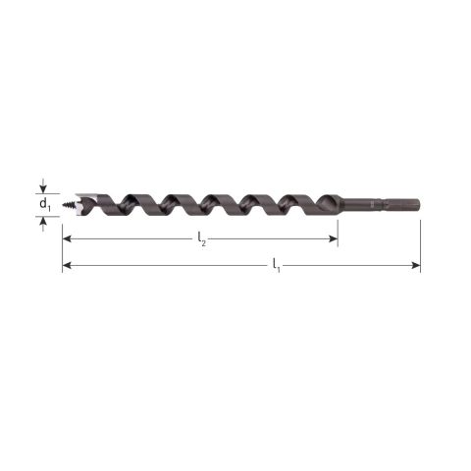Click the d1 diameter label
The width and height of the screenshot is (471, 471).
tap(45, 205)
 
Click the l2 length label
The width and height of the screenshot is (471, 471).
tap(202, 239)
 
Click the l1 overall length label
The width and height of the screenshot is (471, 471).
tap(277, 266)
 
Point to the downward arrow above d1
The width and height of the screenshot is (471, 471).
tap(43, 185)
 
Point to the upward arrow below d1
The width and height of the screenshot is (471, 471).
tap(43, 224)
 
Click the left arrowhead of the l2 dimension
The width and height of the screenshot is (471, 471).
tap(67, 238)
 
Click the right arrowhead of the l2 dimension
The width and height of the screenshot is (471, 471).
tap(334, 238)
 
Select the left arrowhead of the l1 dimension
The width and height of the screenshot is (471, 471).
tap(67, 265)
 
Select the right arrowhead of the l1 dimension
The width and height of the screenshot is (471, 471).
tap(416, 265)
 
